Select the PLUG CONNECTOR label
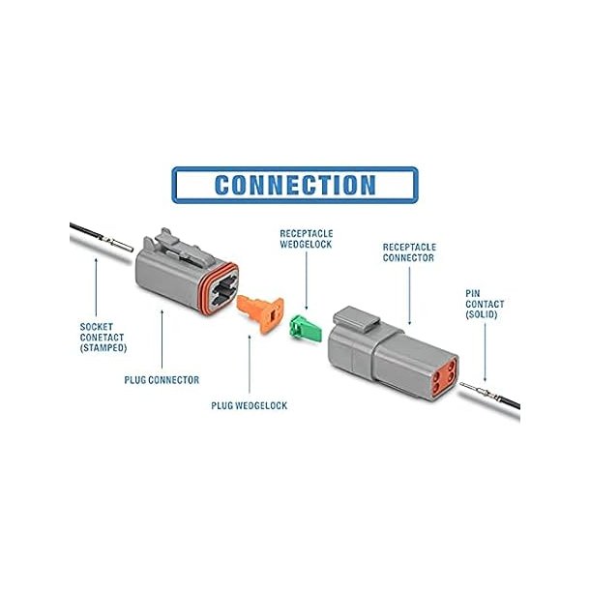click(162, 380)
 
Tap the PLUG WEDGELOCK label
click(249, 404)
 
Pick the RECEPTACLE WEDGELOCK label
click(307, 239)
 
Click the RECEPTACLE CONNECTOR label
click(408, 252)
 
